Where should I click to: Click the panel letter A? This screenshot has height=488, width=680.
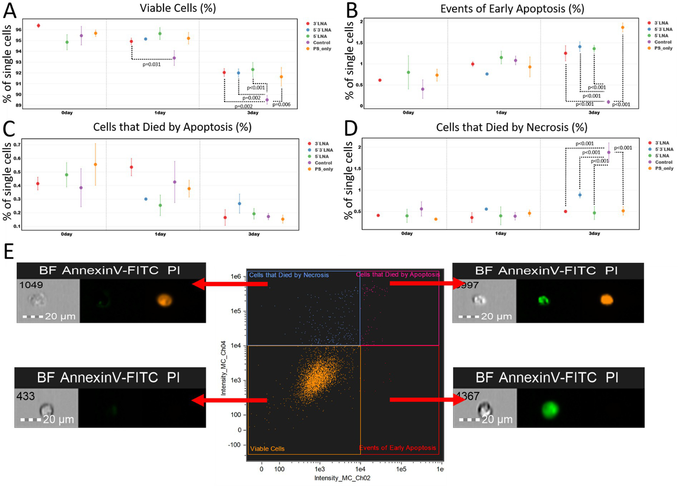pos(9,10)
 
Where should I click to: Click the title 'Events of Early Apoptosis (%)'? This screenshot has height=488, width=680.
pos(512,8)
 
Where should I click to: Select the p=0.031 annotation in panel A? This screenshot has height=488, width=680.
pos(152,65)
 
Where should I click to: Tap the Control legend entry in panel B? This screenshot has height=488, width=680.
pos(663,42)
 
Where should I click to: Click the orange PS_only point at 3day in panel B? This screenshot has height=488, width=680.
pos(622,27)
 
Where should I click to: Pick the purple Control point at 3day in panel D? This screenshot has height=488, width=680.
pos(609,152)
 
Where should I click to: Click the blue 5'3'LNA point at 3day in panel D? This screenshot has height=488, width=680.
pos(580,195)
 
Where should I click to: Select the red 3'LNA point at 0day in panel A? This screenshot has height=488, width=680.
pos(39,26)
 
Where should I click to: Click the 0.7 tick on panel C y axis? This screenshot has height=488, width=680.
pos(17,145)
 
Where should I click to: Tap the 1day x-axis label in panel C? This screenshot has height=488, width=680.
pos(160,234)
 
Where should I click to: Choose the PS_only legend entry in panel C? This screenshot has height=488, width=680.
pos(324,169)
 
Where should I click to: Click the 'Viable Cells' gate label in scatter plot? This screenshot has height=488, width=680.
pos(267,449)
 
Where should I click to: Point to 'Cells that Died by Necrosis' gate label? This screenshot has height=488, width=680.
pos(289,275)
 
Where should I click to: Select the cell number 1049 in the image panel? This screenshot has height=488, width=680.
pos(31,285)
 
